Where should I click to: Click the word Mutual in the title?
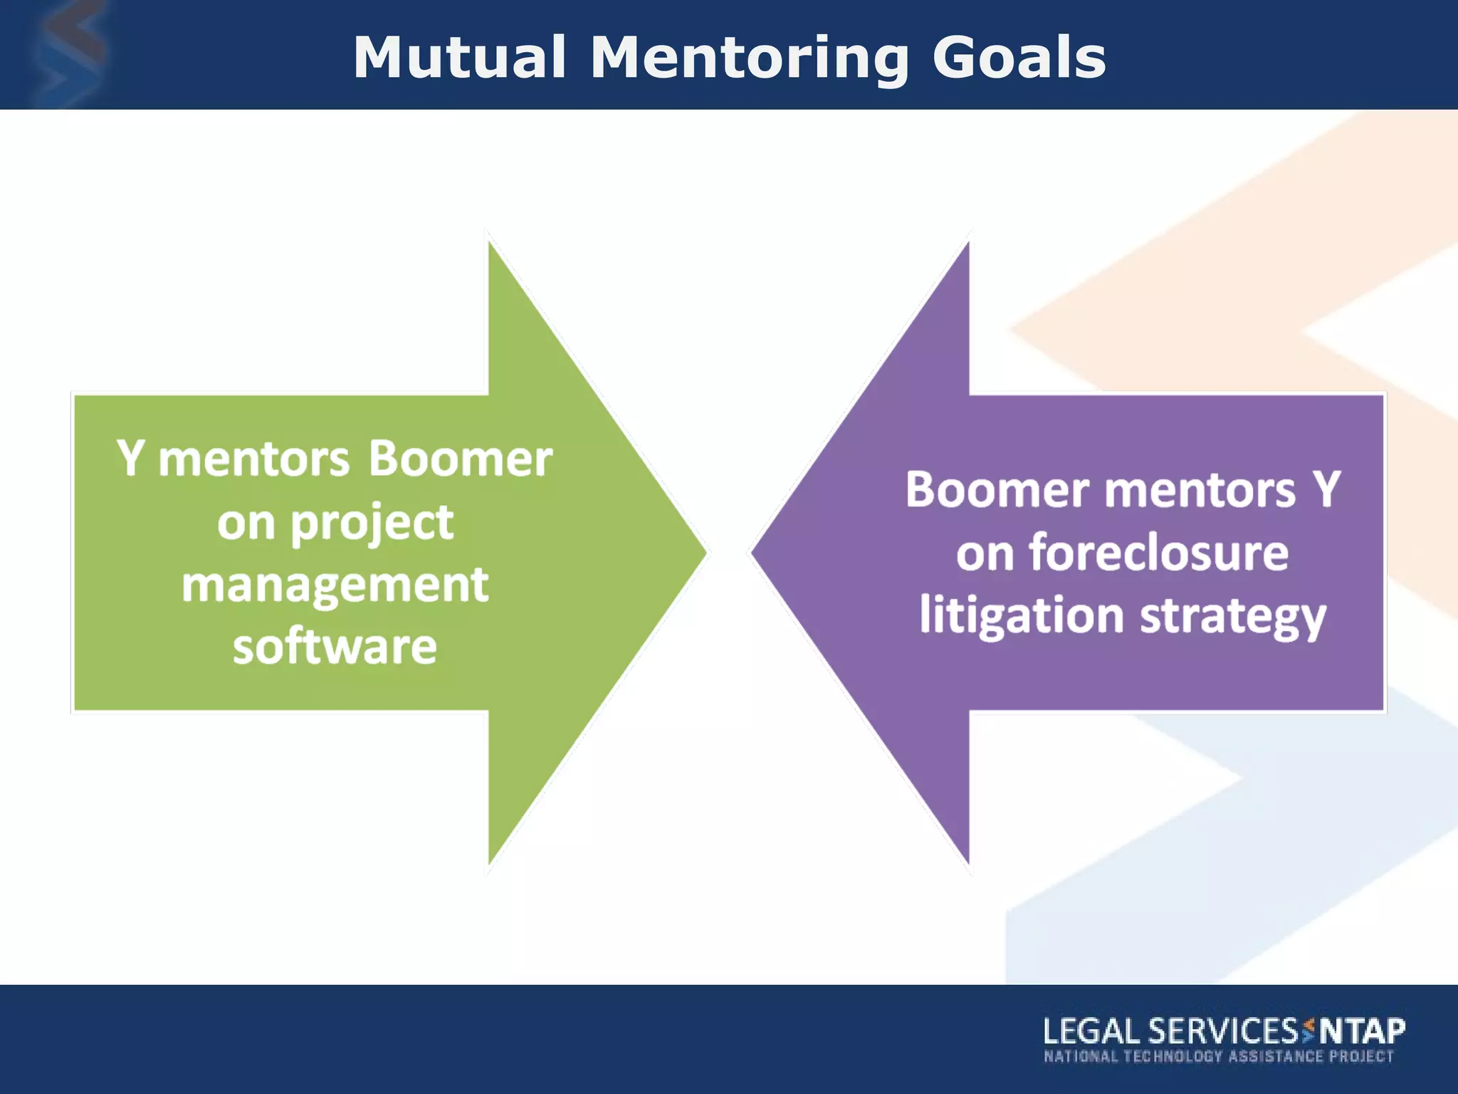459,57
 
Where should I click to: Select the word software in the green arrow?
335,647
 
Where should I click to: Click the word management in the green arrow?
335,585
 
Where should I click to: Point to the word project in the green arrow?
372,523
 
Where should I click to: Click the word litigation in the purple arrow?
1021,615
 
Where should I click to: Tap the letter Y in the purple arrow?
1326,490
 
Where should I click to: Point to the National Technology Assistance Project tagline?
1218,1056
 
